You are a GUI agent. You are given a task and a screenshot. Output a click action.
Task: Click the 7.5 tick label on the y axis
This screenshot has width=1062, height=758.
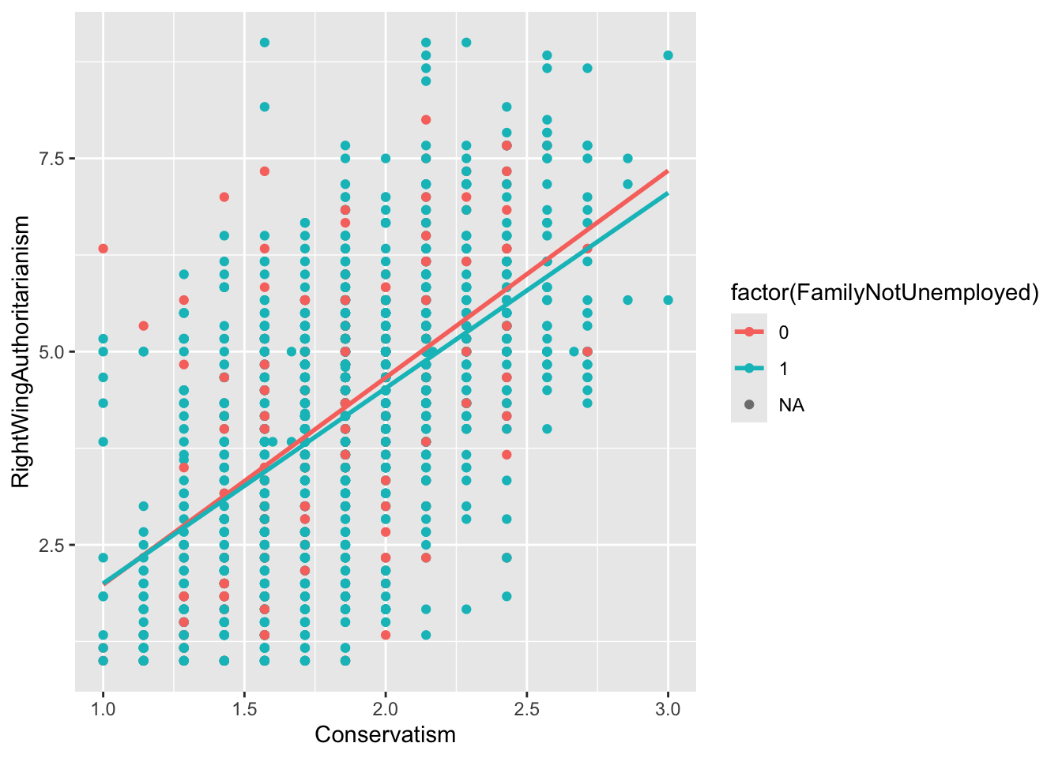pos(53,159)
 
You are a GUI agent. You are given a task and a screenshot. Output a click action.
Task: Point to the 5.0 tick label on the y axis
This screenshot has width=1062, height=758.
pos(53,351)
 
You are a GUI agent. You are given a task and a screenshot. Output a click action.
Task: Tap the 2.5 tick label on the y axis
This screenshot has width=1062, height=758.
pos(53,545)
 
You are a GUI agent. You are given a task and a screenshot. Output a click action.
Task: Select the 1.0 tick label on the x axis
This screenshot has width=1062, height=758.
pos(103,709)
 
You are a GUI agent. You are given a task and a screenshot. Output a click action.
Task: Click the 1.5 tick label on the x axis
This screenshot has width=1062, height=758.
pos(244,709)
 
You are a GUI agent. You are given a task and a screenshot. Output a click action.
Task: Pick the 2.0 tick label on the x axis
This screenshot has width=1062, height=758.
pos(386,709)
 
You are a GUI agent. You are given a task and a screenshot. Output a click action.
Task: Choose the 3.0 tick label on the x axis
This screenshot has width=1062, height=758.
pos(668,709)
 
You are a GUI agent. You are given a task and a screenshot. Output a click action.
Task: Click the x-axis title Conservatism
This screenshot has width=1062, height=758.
pos(385,735)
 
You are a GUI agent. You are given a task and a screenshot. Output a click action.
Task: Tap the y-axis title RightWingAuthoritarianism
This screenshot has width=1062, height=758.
pos(21,351)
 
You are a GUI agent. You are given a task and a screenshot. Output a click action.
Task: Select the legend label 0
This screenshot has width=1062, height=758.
pos(783,332)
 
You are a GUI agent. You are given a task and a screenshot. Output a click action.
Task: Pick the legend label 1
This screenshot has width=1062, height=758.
pos(783,369)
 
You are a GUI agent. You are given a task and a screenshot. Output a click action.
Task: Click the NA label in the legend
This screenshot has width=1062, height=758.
pos(791,405)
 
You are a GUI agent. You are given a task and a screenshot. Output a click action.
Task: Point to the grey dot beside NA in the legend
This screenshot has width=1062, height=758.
pos(749,405)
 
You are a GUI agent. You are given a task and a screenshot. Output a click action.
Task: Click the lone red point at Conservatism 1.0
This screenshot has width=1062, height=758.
pos(103,249)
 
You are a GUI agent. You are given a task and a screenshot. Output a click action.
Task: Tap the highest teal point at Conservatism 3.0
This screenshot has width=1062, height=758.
pos(668,55)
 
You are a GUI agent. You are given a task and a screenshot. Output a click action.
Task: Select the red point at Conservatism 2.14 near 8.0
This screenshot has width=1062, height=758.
pos(426,120)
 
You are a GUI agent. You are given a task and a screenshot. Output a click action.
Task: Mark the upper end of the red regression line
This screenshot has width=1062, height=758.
pos(668,171)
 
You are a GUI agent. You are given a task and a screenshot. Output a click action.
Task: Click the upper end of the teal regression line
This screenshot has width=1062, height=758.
pos(668,193)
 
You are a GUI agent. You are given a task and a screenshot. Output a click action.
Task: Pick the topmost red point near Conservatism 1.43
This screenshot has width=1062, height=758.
pos(224,197)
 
